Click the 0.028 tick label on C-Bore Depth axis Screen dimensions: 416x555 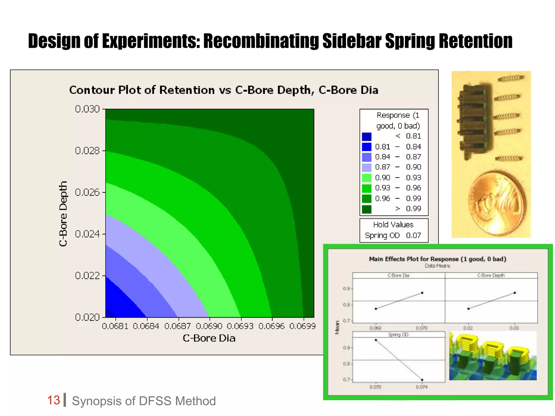[x=87, y=151]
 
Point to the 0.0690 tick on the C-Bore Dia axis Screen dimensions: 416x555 [x=209, y=326]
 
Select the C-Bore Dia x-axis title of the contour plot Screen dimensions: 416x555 [x=209, y=338]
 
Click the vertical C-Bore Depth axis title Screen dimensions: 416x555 [x=63, y=213]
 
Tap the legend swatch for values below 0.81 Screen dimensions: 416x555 [x=366, y=136]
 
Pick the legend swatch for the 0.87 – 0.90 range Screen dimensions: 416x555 [x=366, y=167]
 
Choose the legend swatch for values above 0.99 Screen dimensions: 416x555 [x=366, y=209]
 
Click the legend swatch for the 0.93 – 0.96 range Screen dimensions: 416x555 [x=366, y=188]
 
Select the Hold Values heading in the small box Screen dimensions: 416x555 [x=393, y=225]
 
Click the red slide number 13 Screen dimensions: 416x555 [x=53, y=400]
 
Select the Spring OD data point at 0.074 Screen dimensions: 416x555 [x=422, y=380]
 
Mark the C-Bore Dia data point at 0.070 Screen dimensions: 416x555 [x=422, y=293]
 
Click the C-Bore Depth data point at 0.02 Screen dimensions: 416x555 [x=468, y=309]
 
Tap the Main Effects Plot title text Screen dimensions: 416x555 [x=437, y=259]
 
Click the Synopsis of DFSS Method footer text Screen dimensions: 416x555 [x=144, y=401]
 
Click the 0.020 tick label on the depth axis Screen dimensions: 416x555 [x=87, y=317]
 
